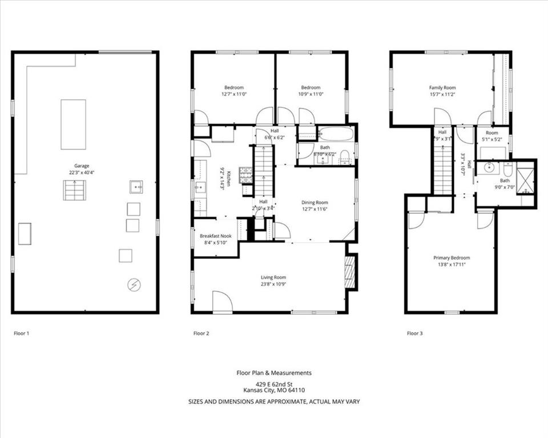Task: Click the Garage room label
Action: (x=82, y=166)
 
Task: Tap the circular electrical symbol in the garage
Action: (x=134, y=284)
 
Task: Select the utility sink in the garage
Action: (x=136, y=186)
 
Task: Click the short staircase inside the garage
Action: (x=74, y=190)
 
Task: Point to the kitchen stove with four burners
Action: (x=245, y=174)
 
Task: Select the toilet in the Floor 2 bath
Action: (x=345, y=158)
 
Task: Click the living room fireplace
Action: (x=350, y=273)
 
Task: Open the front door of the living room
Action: (x=222, y=302)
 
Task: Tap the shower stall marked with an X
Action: (x=525, y=178)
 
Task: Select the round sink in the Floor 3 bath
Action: (x=488, y=168)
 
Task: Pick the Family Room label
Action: (x=442, y=87)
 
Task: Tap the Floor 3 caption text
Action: (x=414, y=333)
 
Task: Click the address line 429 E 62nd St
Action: (x=274, y=383)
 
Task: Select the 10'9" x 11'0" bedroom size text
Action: (x=311, y=94)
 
